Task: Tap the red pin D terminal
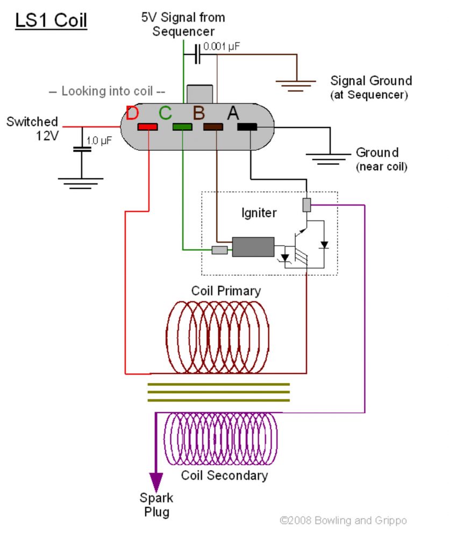147,127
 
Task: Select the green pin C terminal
182,127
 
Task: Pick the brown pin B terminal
213,127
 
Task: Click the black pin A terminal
247,127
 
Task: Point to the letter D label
132,114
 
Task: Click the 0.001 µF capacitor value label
222,46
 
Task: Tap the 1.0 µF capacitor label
99,142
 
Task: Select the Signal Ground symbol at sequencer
296,84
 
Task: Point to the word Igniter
259,213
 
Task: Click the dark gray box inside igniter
253,247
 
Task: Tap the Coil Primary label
226,291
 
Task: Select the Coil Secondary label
224,475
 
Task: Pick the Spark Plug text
156,504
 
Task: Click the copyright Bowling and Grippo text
343,520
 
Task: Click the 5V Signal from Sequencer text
183,24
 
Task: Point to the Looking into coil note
107,91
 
